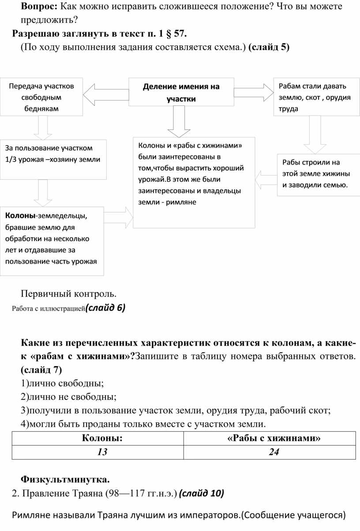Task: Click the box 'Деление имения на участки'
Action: (x=181, y=92)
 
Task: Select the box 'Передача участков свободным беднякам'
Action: (x=41, y=97)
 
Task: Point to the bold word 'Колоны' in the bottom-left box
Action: (x=20, y=216)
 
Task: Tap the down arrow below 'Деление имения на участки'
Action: (x=179, y=121)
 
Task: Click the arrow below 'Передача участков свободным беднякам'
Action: (x=43, y=128)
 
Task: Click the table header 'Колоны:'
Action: (x=102, y=438)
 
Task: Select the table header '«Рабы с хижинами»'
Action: (x=274, y=438)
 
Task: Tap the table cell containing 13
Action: (x=102, y=452)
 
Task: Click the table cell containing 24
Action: (x=274, y=452)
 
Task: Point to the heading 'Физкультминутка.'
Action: (x=65, y=479)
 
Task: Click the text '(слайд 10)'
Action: (x=202, y=493)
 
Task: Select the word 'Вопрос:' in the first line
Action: (x=39, y=7)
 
